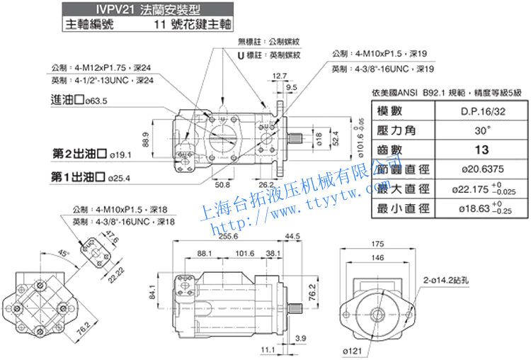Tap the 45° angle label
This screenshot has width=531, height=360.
(64, 253)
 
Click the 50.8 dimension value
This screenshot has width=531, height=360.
(222, 185)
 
